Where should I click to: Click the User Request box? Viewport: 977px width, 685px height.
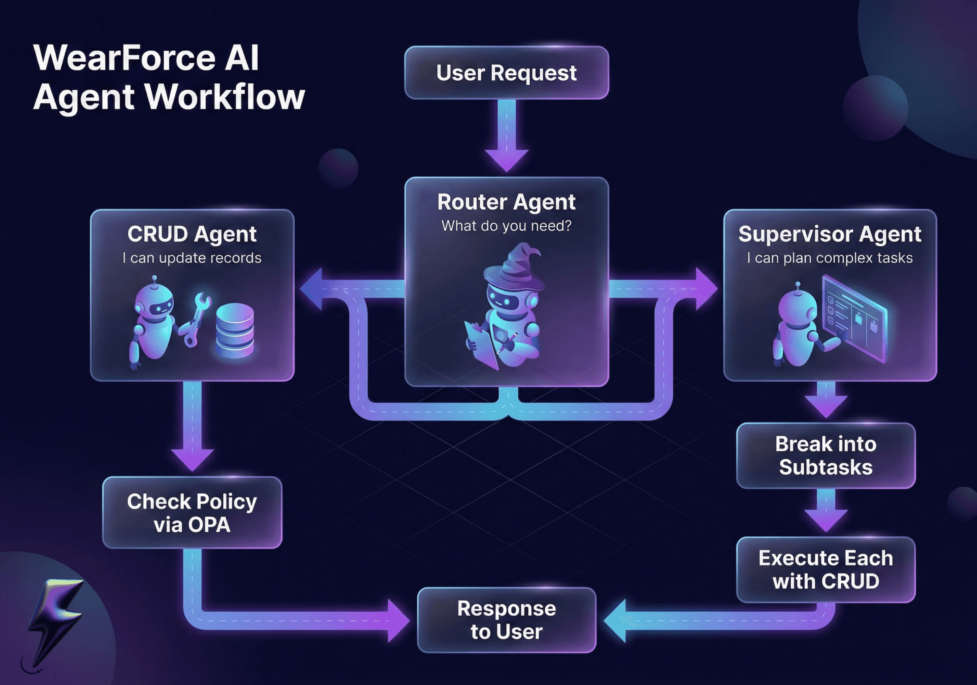pyautogui.click(x=506, y=73)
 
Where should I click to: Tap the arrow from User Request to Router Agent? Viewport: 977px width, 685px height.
pyautogui.click(x=506, y=136)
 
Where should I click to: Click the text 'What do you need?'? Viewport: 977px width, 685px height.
pyautogui.click(x=506, y=226)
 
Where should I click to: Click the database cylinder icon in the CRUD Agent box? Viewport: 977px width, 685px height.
pyautogui.click(x=235, y=330)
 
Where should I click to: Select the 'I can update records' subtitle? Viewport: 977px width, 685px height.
pyautogui.click(x=192, y=258)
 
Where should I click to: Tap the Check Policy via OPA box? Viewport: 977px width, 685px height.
pyautogui.click(x=192, y=513)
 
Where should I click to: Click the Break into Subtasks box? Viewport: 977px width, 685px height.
pyautogui.click(x=826, y=455)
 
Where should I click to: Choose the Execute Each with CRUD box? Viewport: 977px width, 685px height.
pyautogui.click(x=826, y=570)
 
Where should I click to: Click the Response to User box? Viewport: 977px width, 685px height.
pyautogui.click(x=506, y=620)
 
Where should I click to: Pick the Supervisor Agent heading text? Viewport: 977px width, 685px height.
pyautogui.click(x=830, y=234)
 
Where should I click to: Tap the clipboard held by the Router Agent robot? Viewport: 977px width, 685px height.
pyautogui.click(x=481, y=342)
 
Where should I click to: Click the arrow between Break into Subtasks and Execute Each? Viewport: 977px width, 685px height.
pyautogui.click(x=826, y=511)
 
